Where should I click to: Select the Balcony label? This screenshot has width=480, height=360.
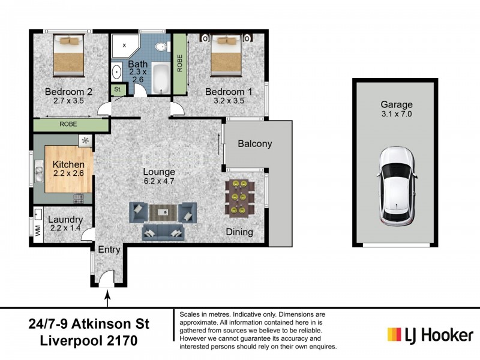(x=255, y=144)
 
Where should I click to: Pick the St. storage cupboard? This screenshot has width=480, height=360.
(x=117, y=90)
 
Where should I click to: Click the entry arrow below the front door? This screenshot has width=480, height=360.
(x=109, y=295)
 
